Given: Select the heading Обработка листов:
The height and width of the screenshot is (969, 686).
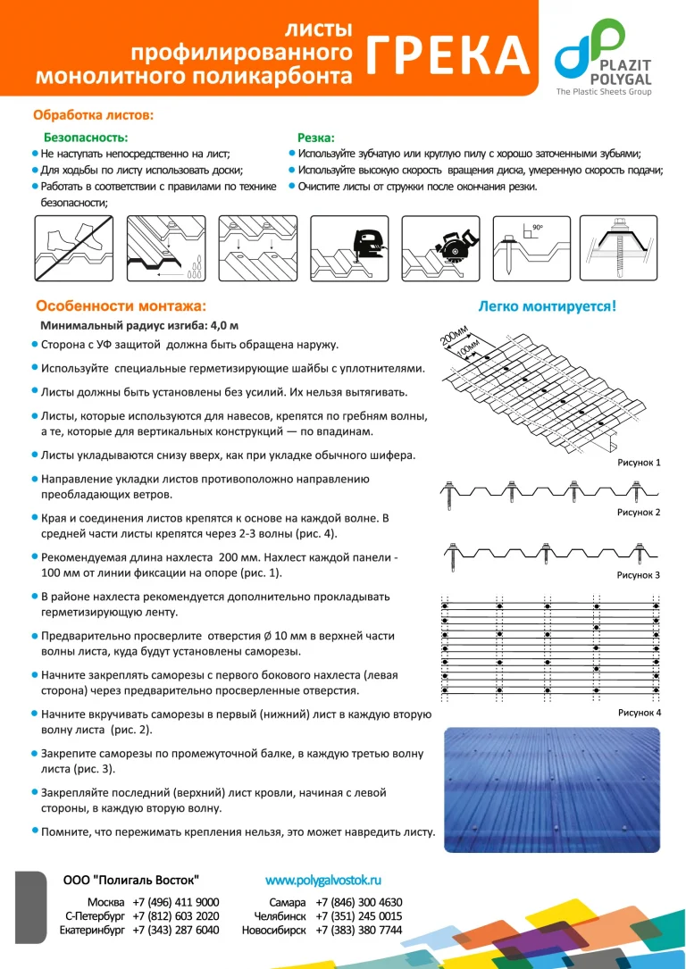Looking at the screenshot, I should click(x=93, y=114).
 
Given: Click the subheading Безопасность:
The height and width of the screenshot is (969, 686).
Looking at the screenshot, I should click(x=86, y=138).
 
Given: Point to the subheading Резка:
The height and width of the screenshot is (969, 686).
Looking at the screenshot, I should click(x=315, y=138).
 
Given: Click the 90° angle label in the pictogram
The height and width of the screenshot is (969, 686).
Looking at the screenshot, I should click(x=538, y=229).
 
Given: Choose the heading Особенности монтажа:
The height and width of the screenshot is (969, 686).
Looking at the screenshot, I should click(x=120, y=305).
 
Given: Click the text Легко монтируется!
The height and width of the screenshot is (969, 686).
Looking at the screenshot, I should click(x=547, y=306).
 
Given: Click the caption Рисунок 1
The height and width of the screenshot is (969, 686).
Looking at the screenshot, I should click(x=638, y=464).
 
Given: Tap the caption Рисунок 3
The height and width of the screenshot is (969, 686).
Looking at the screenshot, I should click(x=638, y=575).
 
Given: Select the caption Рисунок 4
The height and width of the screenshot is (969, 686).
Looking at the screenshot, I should click(x=638, y=713).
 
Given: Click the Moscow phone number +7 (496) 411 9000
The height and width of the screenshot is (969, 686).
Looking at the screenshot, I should click(x=175, y=902).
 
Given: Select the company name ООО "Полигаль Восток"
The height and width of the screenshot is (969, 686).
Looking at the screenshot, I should click(x=131, y=880).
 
